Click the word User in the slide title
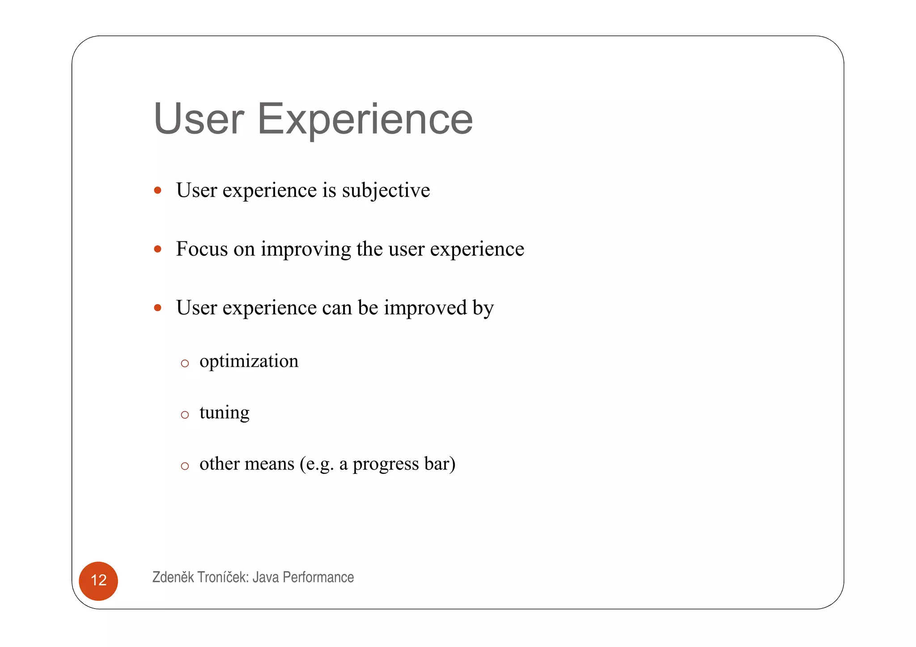(x=199, y=119)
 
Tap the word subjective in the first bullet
(x=386, y=190)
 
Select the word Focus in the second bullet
(x=202, y=249)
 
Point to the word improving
(x=306, y=249)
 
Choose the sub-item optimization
(x=249, y=361)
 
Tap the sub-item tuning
(x=224, y=413)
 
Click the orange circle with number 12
(x=98, y=580)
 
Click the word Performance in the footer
(x=318, y=577)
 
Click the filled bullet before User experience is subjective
(x=157, y=190)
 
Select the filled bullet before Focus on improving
(x=157, y=249)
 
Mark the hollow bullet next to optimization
(x=185, y=364)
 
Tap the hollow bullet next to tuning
(x=185, y=415)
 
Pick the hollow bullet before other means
(x=185, y=466)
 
